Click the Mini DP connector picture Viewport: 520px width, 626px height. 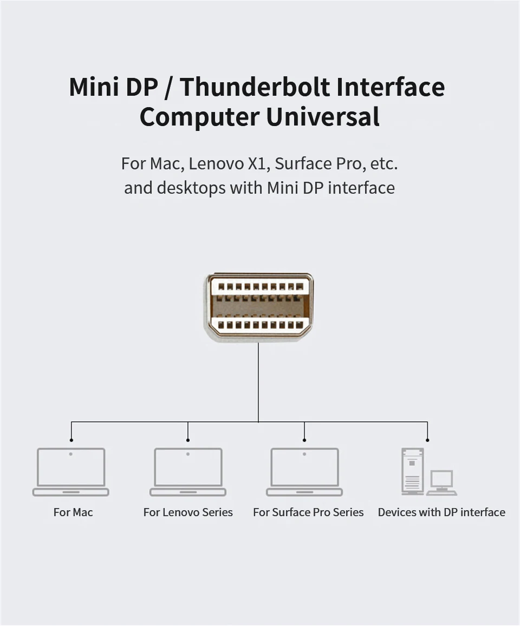(259, 306)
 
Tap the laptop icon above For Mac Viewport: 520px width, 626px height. (71, 471)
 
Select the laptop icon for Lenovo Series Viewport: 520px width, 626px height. (188, 471)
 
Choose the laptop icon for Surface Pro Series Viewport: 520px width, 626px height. (304, 471)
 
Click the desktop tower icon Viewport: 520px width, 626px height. (412, 471)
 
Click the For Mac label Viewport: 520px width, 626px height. (73, 512)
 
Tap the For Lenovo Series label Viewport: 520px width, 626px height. (188, 512)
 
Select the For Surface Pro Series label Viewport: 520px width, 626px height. (308, 512)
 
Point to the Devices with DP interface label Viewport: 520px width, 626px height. (441, 512)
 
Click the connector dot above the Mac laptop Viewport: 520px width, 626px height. (71, 440)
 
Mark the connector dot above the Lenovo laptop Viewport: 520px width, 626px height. (188, 440)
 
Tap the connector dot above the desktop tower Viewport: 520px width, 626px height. (427, 440)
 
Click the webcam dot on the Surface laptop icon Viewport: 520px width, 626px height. (304, 454)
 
